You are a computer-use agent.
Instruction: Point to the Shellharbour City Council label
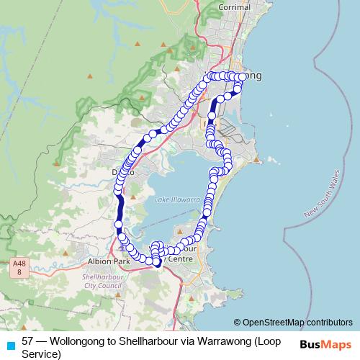point(104,281)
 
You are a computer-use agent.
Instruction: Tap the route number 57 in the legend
point(28,341)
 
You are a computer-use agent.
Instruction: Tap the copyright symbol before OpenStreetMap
point(237,322)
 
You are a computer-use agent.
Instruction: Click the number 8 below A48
point(19,272)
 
